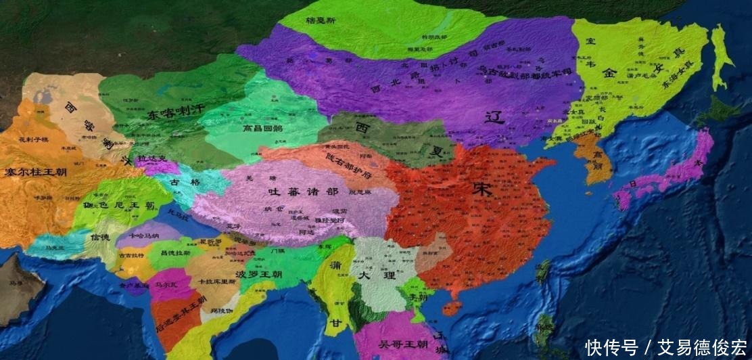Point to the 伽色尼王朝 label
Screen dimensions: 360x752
[120, 203]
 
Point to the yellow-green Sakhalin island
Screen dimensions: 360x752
[722, 58]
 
